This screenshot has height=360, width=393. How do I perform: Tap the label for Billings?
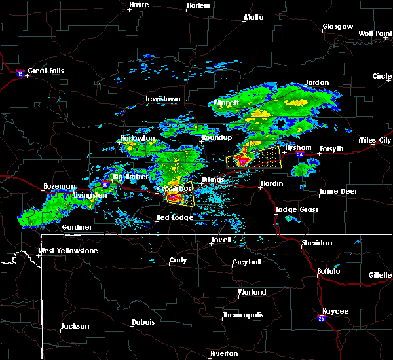pos(214,179)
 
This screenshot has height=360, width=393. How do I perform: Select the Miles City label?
pos(375,141)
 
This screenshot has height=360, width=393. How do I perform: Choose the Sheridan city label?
pos(316,243)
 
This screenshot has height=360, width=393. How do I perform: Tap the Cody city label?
pos(178,260)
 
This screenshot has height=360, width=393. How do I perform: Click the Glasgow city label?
pos(337,27)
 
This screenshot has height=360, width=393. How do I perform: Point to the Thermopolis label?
pos(244,315)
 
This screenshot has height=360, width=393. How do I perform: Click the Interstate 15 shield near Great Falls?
pos(21,74)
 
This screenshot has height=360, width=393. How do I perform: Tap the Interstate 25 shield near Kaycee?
pos(322,319)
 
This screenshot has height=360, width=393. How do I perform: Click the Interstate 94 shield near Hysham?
pos(299,154)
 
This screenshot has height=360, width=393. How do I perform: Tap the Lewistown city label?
pos(162,99)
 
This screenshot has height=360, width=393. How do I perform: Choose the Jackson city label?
pos(75,326)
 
